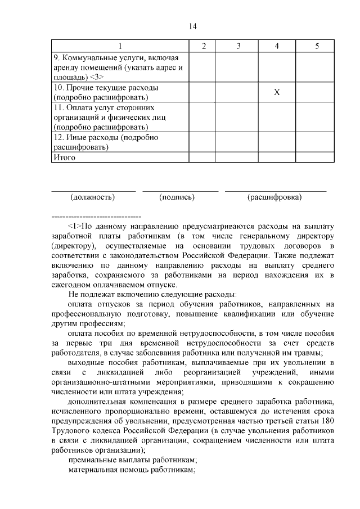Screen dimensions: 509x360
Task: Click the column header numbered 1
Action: click(119, 46)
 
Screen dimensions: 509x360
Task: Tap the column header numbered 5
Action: click(317, 46)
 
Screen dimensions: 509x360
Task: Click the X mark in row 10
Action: click(277, 93)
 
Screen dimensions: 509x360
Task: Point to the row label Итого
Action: click(64, 158)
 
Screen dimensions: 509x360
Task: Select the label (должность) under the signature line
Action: click(93, 197)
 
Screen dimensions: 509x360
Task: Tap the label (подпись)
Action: click(177, 197)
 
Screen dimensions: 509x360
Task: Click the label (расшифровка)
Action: click(274, 197)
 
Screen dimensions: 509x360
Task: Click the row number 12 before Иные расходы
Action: click(57, 137)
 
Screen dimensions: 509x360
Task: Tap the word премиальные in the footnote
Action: click(93, 459)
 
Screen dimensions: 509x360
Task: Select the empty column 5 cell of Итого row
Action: click(317, 158)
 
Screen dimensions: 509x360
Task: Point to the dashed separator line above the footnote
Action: click(96, 216)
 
